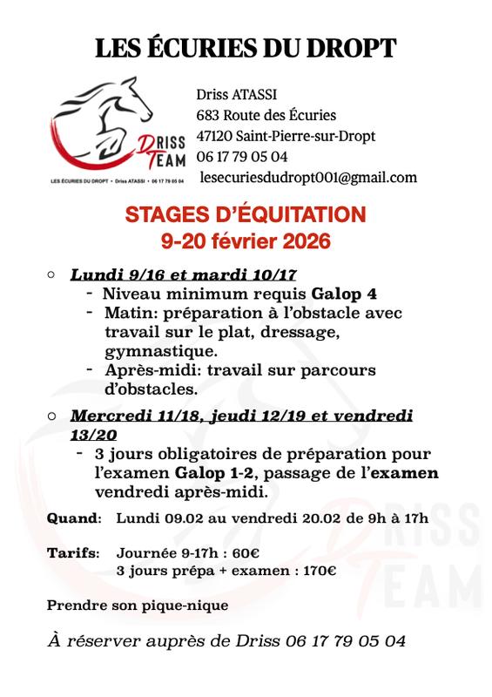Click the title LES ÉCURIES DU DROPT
(x=246, y=49)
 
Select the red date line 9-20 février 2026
(x=246, y=240)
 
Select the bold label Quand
(x=73, y=518)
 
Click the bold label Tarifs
(x=72, y=553)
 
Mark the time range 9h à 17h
(x=403, y=518)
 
